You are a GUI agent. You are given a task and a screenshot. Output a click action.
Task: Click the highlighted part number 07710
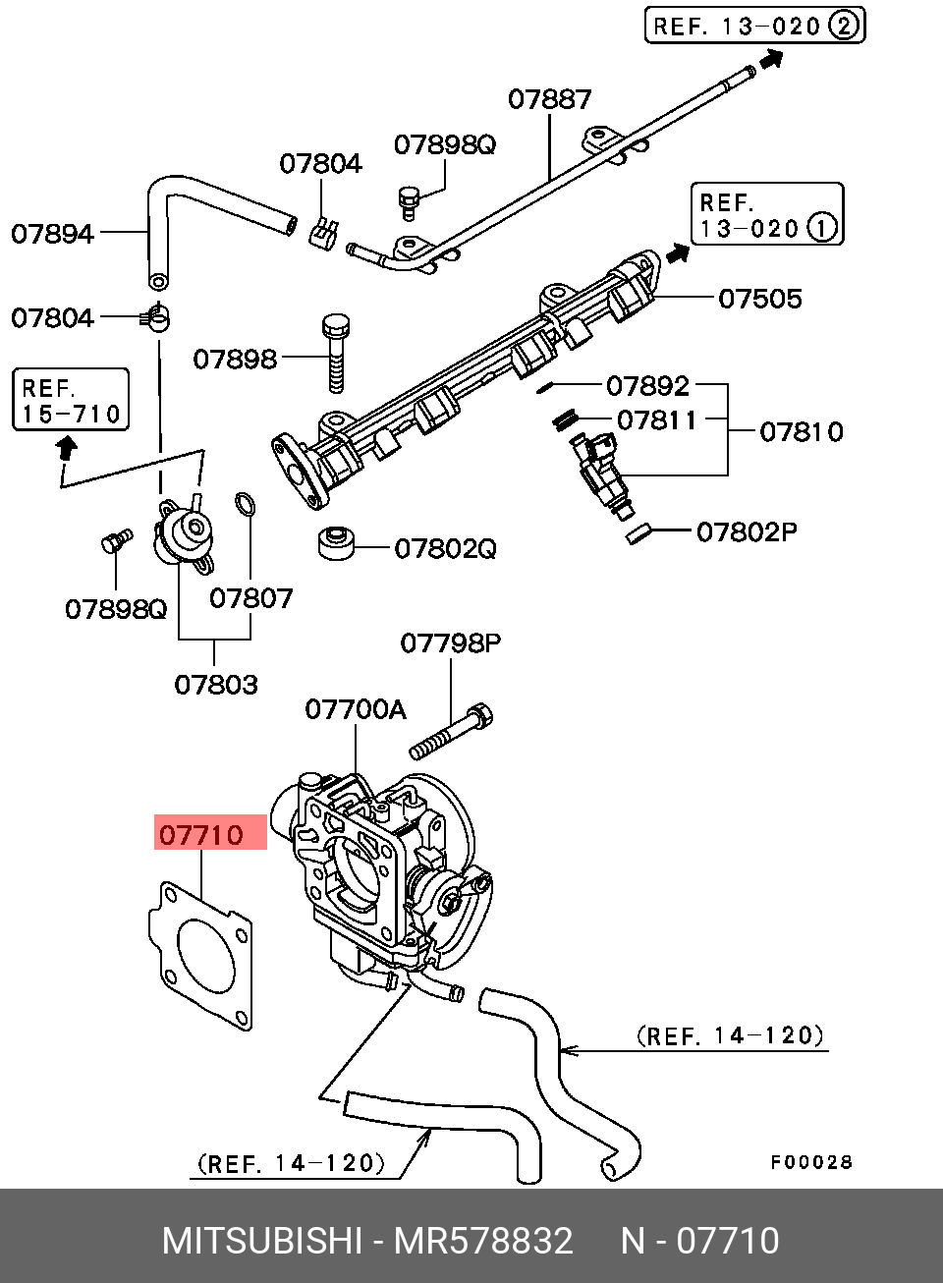201,834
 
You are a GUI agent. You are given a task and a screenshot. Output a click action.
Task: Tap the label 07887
549,99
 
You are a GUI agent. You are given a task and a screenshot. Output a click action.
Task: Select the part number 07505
760,298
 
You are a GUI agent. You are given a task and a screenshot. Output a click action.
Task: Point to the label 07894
52,233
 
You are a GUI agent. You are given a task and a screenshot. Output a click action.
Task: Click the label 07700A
355,708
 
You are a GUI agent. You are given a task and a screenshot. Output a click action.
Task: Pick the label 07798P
450,643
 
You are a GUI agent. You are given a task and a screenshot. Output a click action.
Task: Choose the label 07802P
747,531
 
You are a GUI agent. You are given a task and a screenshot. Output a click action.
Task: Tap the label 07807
250,597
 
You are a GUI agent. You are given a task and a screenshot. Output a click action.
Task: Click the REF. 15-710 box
71,400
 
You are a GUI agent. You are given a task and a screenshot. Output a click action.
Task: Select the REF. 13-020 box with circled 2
754,26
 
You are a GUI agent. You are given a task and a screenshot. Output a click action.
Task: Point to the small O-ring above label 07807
245,505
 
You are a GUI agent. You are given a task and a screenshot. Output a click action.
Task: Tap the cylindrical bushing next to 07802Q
336,543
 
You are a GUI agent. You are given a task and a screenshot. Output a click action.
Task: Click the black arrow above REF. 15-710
66,448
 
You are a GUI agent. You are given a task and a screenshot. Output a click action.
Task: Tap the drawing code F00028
811,1162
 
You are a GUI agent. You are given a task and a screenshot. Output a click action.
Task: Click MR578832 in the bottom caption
483,1241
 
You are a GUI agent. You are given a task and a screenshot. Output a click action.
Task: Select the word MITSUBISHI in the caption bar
262,1241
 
